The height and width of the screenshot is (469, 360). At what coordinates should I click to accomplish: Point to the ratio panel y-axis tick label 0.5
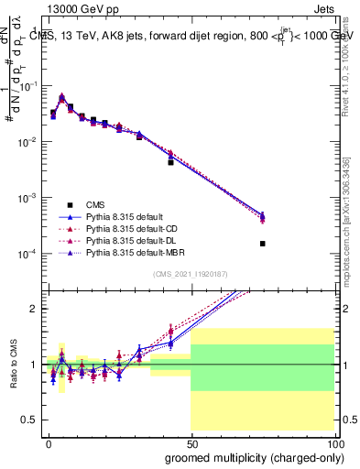click(33, 420)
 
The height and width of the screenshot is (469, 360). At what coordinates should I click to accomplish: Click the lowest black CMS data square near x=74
click(263, 244)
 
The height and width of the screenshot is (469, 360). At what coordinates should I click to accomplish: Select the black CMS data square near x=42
click(170, 162)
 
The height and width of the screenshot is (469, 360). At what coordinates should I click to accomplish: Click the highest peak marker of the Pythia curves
click(61, 96)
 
